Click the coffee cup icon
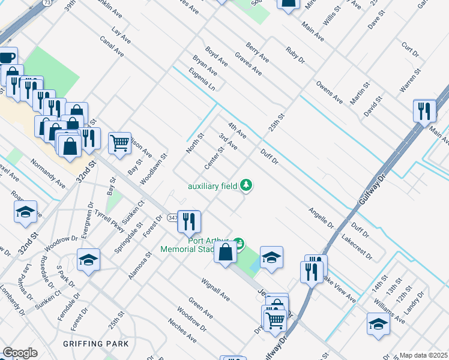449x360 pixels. (x=7, y=58)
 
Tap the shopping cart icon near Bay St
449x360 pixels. (x=120, y=143)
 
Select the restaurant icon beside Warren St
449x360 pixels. (x=424, y=110)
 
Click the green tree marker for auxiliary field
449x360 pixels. (x=246, y=185)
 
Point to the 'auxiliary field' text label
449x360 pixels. (x=212, y=186)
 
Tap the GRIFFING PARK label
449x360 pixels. (x=96, y=344)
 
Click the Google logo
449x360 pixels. (x=19, y=353)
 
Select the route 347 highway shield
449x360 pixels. (x=172, y=217)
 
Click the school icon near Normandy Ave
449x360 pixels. (x=25, y=212)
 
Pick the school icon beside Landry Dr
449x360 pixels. (x=378, y=324)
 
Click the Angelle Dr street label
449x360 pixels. (x=321, y=218)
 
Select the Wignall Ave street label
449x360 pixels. (x=215, y=289)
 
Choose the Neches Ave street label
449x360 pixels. (x=182, y=331)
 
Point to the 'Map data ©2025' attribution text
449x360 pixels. (x=424, y=355)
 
